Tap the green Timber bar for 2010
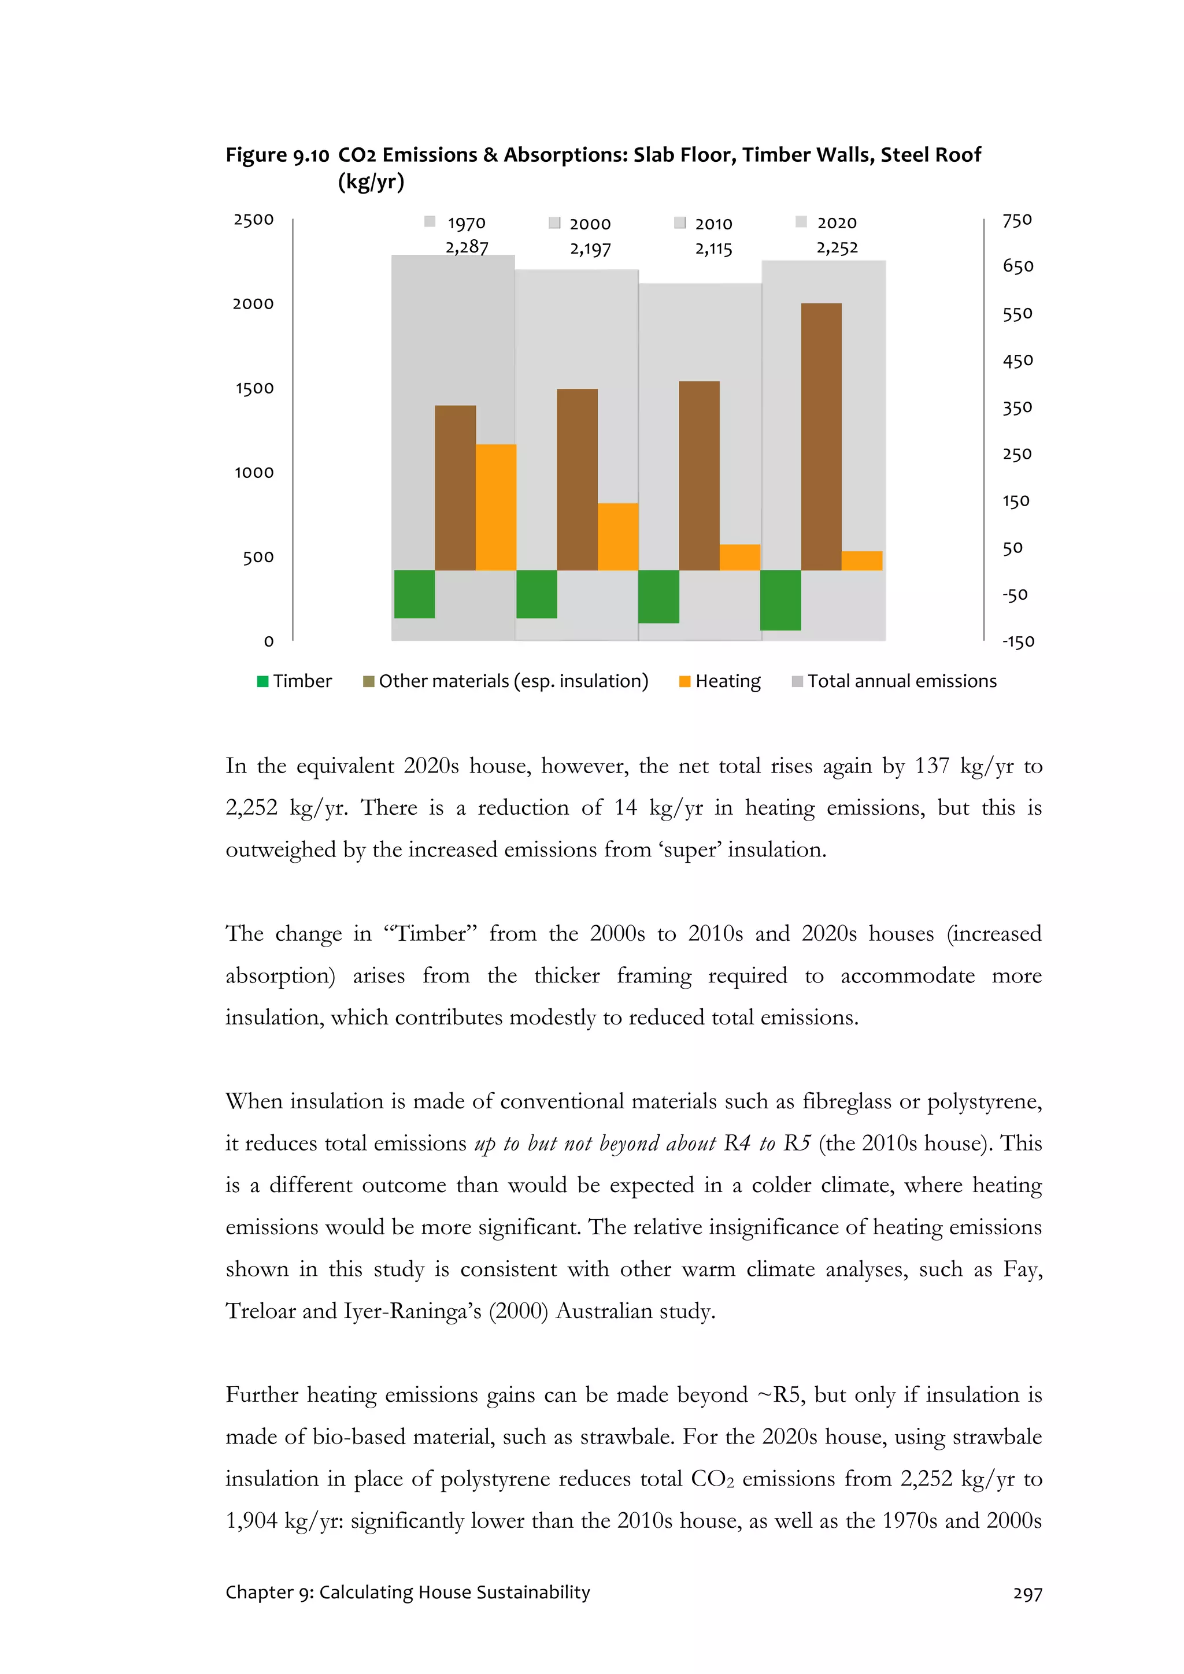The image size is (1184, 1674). point(658,596)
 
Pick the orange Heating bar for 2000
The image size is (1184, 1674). point(617,537)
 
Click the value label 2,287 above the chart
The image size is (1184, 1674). point(467,247)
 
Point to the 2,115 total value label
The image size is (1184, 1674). point(713,248)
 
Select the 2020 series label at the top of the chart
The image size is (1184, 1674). point(836,222)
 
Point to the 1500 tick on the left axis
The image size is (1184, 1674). point(254,388)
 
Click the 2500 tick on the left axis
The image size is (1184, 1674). point(253,220)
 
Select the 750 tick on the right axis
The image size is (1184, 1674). point(1016,220)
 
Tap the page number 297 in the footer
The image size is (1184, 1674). point(1027,1594)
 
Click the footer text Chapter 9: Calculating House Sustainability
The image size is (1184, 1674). point(408,1593)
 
